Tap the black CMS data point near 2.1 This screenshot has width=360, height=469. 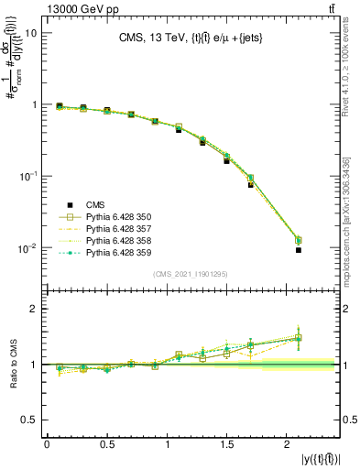(299, 250)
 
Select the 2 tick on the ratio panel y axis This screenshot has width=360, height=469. (33, 309)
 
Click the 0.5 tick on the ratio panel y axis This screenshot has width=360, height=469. (29, 420)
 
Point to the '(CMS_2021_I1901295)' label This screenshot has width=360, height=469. (191, 274)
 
